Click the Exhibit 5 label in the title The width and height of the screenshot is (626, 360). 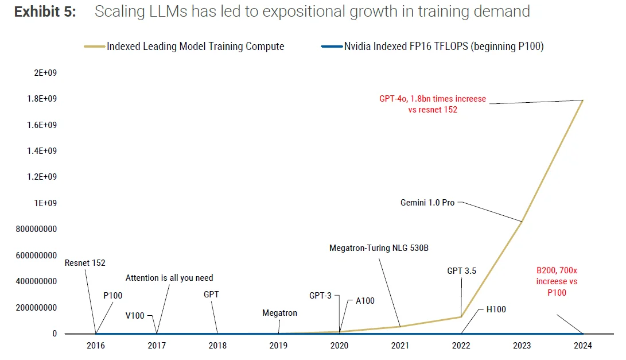[45, 12]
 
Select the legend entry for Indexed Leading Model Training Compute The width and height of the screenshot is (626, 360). [195, 47]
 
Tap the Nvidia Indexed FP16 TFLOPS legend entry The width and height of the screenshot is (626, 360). [444, 47]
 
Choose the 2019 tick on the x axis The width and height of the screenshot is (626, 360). [278, 346]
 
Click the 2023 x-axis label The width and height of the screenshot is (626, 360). [522, 346]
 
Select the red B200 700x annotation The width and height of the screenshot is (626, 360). [557, 281]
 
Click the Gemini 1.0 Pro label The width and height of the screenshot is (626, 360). [427, 203]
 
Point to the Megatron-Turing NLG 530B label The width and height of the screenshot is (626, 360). [379, 248]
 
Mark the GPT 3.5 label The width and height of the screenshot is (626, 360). [462, 271]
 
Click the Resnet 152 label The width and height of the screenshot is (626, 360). [85, 263]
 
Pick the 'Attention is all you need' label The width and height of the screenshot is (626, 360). [169, 278]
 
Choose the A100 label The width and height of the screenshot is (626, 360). [365, 300]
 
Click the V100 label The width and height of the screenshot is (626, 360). [135, 316]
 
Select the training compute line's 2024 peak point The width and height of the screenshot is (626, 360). [582, 100]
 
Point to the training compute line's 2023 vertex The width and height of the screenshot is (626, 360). [522, 222]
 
